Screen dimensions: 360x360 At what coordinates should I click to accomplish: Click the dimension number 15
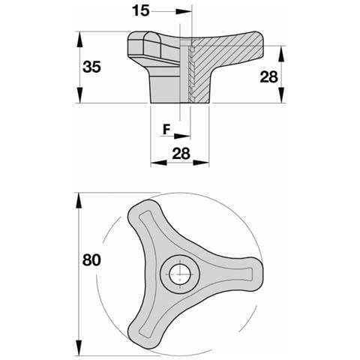tap(141, 11)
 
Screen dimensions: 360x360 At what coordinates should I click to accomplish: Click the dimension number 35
tap(91, 67)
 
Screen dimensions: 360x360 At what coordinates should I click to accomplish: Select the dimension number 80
tap(91, 260)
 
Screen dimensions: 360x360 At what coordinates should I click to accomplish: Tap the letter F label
tap(166, 130)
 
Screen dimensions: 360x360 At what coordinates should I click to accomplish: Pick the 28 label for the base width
tap(181, 154)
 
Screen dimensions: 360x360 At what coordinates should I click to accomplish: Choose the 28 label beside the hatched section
tap(268, 76)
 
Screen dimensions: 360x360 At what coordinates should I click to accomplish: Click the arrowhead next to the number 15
tap(184, 11)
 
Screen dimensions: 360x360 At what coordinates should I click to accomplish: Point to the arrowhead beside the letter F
tap(182, 136)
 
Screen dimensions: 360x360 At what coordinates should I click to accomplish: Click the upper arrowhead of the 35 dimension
tap(79, 39)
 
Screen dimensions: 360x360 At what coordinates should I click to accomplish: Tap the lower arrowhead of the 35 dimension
tap(79, 95)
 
